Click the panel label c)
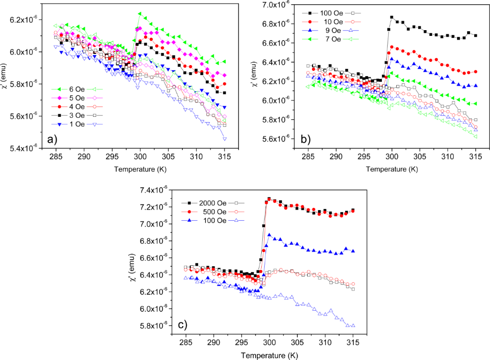tap(181, 325)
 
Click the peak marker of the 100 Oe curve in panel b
tap(391, 17)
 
